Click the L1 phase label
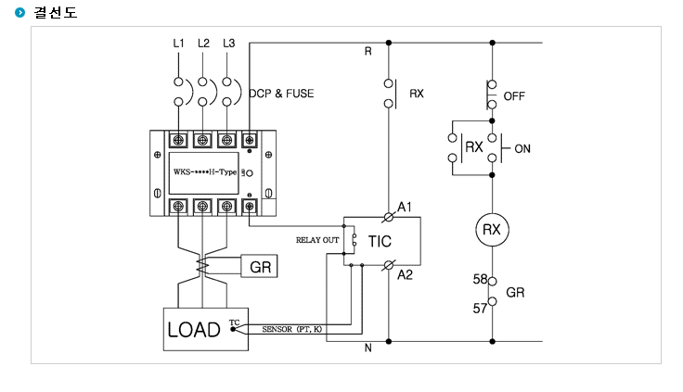pyautogui.click(x=178, y=43)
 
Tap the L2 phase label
pyautogui.click(x=203, y=43)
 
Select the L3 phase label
pyautogui.click(x=228, y=43)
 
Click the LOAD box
pyautogui.click(x=206, y=329)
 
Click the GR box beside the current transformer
pyautogui.click(x=259, y=266)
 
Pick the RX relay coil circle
pyautogui.click(x=492, y=230)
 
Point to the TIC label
pyautogui.click(x=380, y=242)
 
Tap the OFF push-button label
pyautogui.click(x=514, y=96)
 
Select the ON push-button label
pyautogui.click(x=522, y=149)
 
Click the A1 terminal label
pyautogui.click(x=405, y=207)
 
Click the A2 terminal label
pyautogui.click(x=405, y=275)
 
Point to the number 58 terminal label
pyautogui.click(x=480, y=279)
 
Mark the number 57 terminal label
pyautogui.click(x=480, y=309)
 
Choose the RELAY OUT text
pyautogui.click(x=317, y=240)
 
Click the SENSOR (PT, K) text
pyautogui.click(x=291, y=329)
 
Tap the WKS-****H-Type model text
pyautogui.click(x=205, y=171)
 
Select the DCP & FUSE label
pyautogui.click(x=281, y=94)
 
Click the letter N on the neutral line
pyautogui.click(x=368, y=348)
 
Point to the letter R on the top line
pyautogui.click(x=368, y=51)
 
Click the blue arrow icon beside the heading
pyautogui.click(x=20, y=12)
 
